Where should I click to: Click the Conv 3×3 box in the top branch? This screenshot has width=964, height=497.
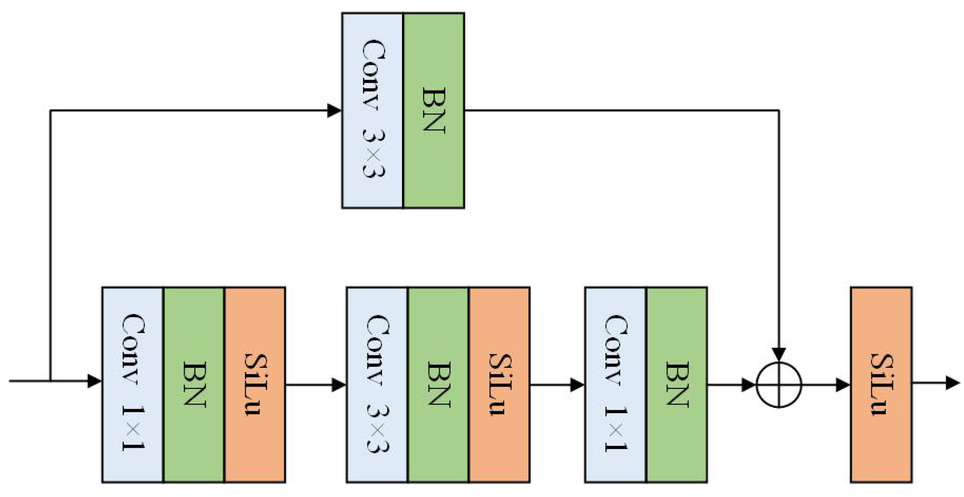point(372,110)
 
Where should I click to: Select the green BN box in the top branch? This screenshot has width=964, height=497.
point(433,110)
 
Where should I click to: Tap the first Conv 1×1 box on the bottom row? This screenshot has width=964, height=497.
point(133,384)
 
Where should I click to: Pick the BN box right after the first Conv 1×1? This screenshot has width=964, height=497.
point(194,384)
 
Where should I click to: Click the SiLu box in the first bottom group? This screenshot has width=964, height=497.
point(255,384)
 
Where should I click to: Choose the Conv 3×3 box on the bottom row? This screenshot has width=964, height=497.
point(377,384)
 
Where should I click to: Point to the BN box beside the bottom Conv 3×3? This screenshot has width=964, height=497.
point(438,384)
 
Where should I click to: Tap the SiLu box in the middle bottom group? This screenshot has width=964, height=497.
point(499,384)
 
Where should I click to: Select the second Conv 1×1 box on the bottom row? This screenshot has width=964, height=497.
point(615,384)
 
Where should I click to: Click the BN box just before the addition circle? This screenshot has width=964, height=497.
point(677,384)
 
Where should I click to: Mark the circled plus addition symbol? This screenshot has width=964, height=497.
point(779,385)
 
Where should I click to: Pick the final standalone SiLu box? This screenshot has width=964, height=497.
point(881,384)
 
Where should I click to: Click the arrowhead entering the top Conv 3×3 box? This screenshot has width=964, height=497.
point(334,110)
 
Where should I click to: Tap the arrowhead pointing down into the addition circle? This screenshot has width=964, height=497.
point(779,354)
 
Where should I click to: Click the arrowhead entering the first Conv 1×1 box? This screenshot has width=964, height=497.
point(95,381)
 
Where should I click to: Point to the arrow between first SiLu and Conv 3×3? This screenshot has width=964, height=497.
point(316,384)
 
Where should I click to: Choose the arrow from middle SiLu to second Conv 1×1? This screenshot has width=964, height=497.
point(557,384)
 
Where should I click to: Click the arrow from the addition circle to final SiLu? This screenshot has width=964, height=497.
point(826,384)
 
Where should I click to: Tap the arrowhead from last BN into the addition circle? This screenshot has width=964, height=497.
point(748,384)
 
